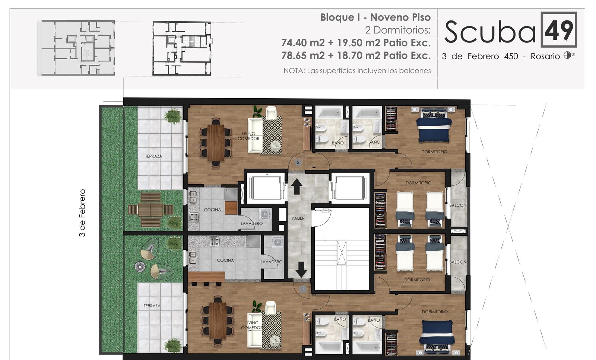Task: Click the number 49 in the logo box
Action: tap(559, 30)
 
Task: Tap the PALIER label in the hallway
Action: tap(298, 218)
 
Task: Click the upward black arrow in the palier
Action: tap(297, 187)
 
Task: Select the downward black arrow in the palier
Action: tap(301, 270)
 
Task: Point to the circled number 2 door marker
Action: tap(298, 162)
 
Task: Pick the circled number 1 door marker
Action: tap(302, 289)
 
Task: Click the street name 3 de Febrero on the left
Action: tap(82, 213)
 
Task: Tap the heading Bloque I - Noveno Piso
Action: tap(375, 17)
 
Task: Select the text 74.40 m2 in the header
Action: tap(303, 42)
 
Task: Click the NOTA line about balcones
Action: tap(357, 71)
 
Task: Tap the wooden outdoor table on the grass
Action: tap(150, 210)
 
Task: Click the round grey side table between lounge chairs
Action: tap(139, 267)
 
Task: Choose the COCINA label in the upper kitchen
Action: tap(212, 210)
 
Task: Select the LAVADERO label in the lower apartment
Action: tap(272, 262)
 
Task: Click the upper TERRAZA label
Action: tap(153, 156)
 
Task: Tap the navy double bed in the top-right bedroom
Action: tap(434, 125)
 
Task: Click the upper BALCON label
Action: tap(458, 205)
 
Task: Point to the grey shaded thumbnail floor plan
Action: tap(76, 48)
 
